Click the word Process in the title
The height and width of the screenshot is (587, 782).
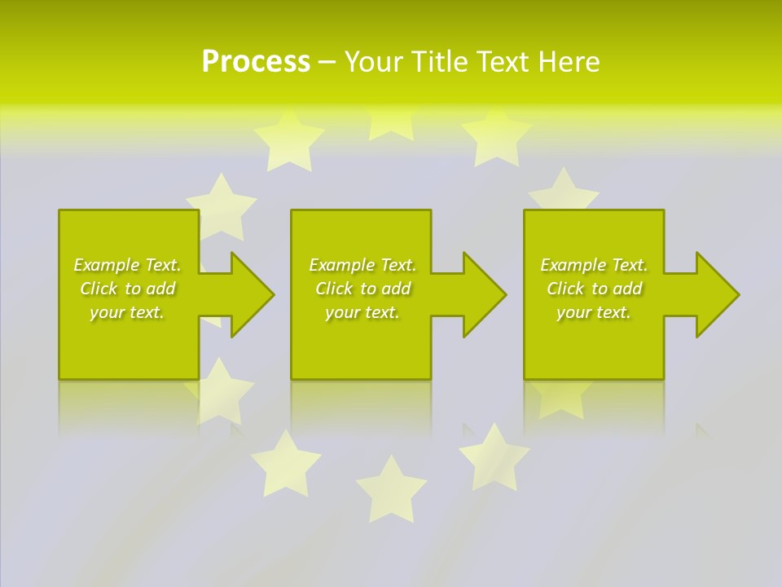256,62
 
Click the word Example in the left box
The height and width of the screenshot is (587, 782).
106,265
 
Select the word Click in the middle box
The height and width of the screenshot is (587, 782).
332,289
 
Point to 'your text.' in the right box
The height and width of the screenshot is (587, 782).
594,312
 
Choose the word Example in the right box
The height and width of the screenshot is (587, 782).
573,265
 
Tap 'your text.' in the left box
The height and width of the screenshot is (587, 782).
127,312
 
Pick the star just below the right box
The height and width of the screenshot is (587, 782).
561,397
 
